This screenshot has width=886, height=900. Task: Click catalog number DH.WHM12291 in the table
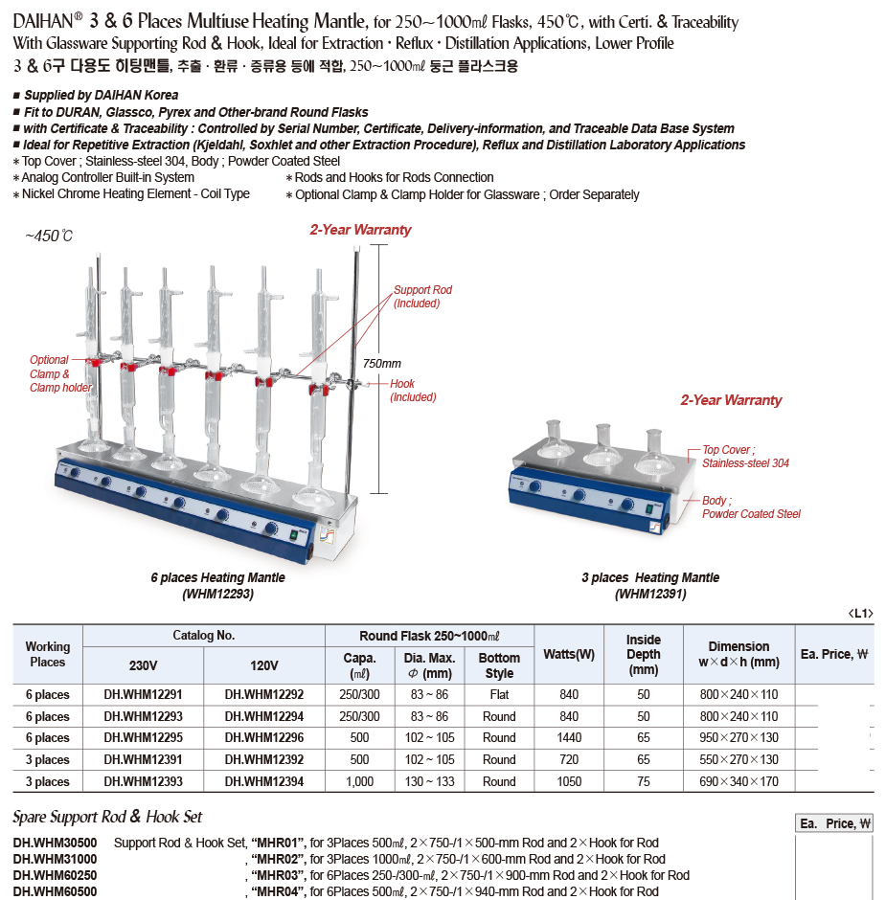143,694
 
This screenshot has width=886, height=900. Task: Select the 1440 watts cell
568,738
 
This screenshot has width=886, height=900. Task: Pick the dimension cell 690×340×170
738,781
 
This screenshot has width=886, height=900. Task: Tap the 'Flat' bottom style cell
499,694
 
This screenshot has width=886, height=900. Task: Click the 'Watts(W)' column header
568,654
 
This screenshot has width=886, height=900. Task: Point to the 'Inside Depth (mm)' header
644,654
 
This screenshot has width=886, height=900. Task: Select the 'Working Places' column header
48,654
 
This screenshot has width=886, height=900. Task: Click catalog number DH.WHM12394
264,781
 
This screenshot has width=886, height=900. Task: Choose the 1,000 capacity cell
360,781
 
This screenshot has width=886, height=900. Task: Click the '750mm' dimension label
382,363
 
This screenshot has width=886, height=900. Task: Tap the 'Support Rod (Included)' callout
421,297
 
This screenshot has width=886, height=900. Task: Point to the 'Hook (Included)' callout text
413,391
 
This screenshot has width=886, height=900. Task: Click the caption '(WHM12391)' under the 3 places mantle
649,594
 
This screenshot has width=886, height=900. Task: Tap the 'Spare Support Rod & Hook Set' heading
107,818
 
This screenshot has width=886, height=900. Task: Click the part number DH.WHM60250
54,875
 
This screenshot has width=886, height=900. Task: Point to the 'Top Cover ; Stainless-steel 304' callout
745,457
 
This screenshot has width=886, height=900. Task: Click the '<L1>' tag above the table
860,614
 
